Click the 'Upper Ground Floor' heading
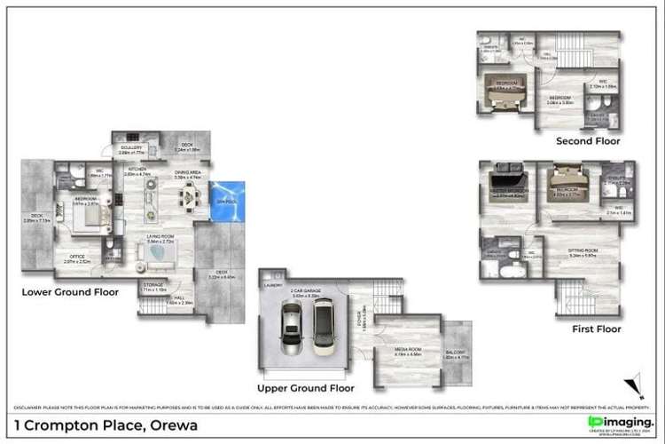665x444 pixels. pos(305,388)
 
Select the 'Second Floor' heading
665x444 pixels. pos(588,140)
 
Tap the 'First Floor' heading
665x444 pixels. pos(597,328)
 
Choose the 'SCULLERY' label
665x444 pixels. pos(132,148)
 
